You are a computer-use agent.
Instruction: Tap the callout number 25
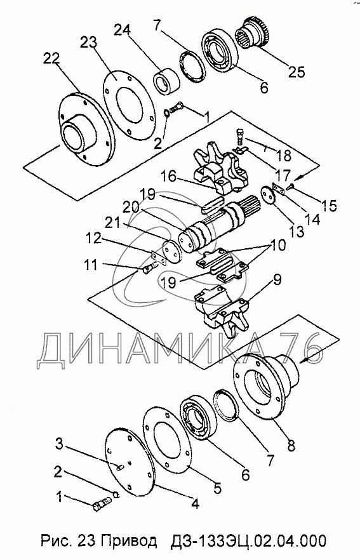coord(297,72)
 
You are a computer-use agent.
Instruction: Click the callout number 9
coord(277,278)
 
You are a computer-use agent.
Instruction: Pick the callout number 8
coord(291,445)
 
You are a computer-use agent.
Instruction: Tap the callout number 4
coord(195,503)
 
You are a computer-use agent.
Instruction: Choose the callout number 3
coord(59,445)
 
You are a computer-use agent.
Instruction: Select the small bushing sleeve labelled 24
coord(164,82)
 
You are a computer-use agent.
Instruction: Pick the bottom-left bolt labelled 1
coord(102,505)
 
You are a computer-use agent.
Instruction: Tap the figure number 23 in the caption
coord(89,541)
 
